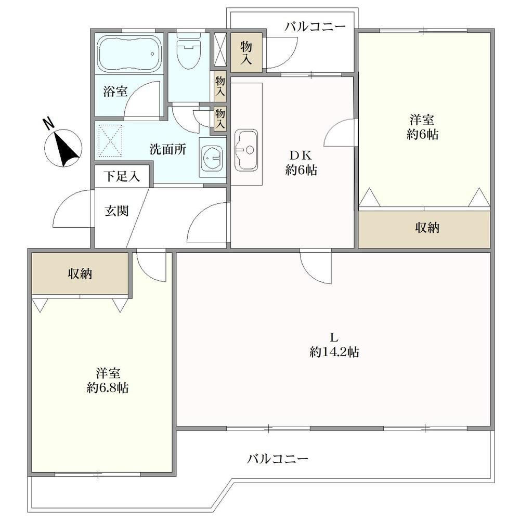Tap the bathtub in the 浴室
[129, 54]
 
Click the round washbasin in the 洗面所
[212, 158]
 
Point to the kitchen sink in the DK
[246, 150]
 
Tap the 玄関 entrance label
[116, 211]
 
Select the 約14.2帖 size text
[334, 352]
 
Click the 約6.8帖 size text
[108, 387]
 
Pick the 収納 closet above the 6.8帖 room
[80, 274]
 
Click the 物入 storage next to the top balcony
[246, 53]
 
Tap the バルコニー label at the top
[315, 27]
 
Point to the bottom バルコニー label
[278, 459]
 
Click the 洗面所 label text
[168, 149]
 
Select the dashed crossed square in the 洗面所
[111, 141]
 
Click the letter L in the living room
[334, 338]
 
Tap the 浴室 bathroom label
[115, 91]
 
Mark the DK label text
[301, 155]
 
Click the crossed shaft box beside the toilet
[219, 49]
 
